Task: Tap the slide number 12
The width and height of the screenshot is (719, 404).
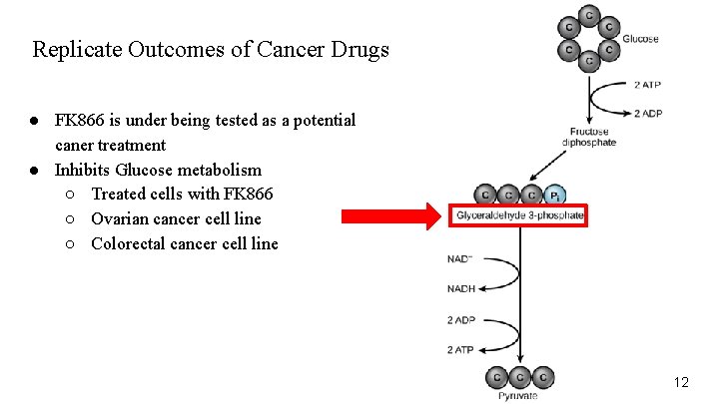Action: tap(681, 382)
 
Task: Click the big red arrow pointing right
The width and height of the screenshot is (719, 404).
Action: tap(390, 214)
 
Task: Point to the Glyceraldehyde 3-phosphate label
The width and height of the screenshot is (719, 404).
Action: tap(519, 215)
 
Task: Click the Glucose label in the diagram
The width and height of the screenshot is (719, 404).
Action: tap(641, 39)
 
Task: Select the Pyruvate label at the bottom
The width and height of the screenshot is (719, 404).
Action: tap(518, 396)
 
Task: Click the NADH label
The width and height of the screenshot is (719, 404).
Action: tap(461, 289)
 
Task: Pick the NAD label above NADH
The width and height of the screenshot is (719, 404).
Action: tap(460, 259)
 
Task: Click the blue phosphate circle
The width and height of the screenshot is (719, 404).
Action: tap(557, 194)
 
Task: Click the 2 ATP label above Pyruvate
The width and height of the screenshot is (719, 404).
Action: tap(461, 349)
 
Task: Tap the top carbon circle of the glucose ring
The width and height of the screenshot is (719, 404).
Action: tap(589, 16)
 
